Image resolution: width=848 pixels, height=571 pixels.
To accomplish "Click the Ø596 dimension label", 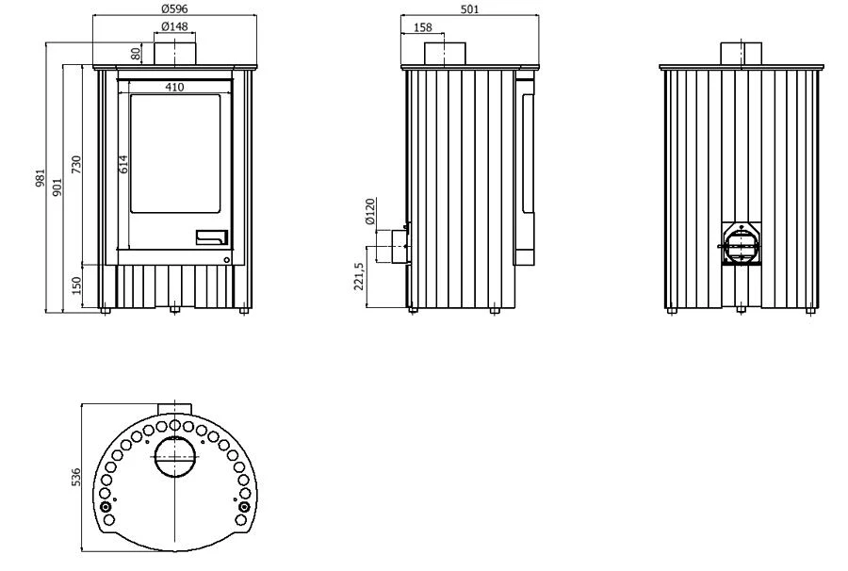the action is [x=174, y=9].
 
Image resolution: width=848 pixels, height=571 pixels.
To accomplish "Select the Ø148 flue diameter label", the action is [x=174, y=26].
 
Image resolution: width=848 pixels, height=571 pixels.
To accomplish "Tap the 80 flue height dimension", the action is [x=136, y=53].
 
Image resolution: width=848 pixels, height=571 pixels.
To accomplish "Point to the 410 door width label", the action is [x=174, y=87].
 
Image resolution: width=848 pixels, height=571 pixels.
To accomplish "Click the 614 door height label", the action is [x=123, y=164].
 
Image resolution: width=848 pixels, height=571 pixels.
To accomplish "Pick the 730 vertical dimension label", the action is [x=76, y=164].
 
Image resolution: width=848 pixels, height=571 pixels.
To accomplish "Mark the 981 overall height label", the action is [x=40, y=178].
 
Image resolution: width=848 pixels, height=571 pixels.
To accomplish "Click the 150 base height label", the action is [x=76, y=285].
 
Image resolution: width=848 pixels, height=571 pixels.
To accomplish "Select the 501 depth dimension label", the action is [x=469, y=9].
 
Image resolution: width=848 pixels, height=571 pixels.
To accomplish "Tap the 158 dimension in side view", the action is [x=422, y=27].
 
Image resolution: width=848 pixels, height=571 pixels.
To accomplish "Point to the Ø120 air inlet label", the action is [x=369, y=211].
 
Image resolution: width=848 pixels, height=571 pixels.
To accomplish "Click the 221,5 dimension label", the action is [x=359, y=276].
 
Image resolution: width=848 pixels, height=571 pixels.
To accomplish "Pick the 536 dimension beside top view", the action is [x=76, y=477].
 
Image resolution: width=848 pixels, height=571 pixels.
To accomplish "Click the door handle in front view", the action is [x=211, y=237].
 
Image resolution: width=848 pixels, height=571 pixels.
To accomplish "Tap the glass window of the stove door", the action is [x=176, y=154].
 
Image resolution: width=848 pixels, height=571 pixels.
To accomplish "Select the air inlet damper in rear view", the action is [x=741, y=244].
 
